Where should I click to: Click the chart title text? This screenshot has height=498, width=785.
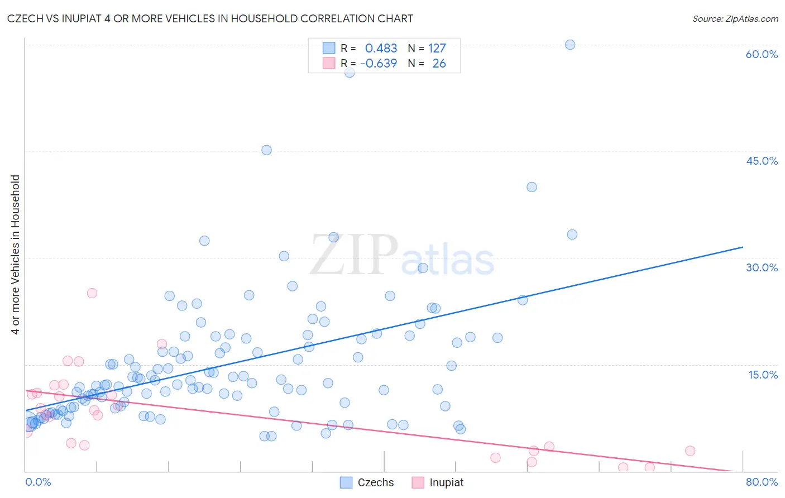coord(210,18)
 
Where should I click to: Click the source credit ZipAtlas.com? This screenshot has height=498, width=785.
coord(735,18)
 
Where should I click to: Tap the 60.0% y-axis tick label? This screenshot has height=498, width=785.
coord(762,54)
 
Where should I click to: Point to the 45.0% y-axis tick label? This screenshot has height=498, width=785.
coord(762,161)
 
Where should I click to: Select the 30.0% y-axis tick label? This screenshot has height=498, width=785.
coord(762,267)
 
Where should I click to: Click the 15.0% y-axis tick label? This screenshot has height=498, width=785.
coord(763,375)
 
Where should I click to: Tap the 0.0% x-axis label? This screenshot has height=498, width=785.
coord(38,482)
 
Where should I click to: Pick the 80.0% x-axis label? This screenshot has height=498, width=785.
coord(762,482)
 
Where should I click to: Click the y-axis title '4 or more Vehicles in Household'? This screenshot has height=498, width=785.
coord(16,255)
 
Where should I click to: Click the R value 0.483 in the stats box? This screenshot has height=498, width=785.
coord(381,48)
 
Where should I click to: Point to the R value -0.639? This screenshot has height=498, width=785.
coord(379,64)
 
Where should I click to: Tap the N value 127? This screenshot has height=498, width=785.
coord(437,48)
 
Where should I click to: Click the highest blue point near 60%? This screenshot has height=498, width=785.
coord(570,45)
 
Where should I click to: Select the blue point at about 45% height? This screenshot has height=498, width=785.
coord(266,150)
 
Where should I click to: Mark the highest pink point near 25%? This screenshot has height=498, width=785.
coord(92,293)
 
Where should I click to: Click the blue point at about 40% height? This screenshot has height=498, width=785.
coord(532,187)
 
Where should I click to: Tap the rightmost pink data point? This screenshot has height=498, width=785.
coord(690,451)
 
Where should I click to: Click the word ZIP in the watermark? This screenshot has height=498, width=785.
coord(353,256)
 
